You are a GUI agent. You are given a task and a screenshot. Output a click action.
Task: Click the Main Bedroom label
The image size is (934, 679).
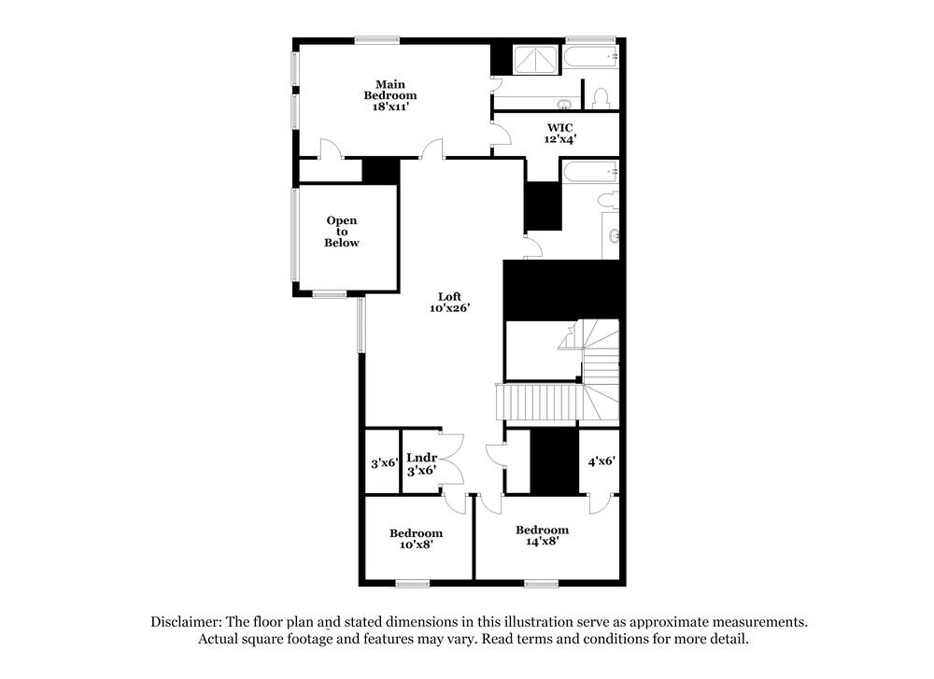coord(390,94)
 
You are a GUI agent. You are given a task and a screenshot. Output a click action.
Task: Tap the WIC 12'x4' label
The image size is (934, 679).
coord(560,132)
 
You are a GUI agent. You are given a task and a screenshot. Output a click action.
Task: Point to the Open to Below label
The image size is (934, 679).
coord(341,232)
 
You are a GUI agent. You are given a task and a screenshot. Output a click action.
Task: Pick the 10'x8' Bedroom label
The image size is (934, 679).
coord(416,539)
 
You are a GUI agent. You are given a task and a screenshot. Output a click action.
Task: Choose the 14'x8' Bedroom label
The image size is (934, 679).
coord(542,535)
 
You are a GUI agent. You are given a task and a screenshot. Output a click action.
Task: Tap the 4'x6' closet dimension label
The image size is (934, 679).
coord(601,460)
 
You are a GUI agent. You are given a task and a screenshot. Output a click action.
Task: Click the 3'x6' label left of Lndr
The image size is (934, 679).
coord(384,462)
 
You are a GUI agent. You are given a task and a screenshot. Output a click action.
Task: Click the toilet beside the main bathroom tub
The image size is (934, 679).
coord(601,97)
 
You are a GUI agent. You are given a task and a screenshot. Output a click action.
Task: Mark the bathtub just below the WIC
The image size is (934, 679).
coord(588,172)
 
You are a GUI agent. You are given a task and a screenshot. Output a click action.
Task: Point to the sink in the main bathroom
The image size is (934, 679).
coord(564,103)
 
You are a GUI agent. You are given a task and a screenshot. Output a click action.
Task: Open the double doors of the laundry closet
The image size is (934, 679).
coord(450,458)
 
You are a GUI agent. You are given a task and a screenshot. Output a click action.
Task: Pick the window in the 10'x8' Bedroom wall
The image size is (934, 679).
coord(412,584)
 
